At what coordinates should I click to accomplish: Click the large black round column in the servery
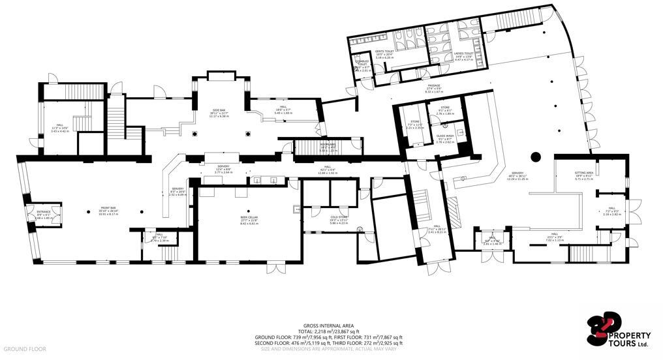coord(536,157)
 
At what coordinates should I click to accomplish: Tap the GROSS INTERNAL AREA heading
coord(329,326)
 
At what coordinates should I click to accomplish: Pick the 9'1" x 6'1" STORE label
coord(445,110)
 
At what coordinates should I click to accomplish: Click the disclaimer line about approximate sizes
coord(329,349)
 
